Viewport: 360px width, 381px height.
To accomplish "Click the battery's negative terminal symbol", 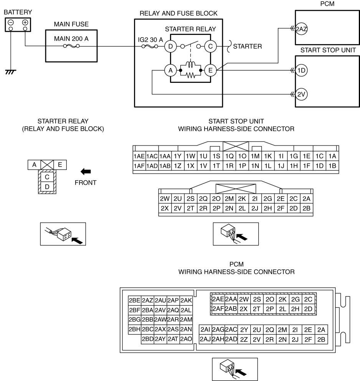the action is click(11, 23).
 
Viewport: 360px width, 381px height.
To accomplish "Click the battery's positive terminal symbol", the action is click(25, 23).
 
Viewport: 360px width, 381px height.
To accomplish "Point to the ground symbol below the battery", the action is click(10, 72).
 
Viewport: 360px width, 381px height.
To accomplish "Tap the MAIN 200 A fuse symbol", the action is click(71, 46).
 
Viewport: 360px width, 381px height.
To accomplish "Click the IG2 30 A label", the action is click(150, 40).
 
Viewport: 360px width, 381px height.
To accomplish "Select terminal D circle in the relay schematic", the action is click(171, 46).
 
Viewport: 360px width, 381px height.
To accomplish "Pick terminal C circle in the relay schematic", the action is click(210, 46).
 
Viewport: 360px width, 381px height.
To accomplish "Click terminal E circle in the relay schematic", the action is click(210, 71).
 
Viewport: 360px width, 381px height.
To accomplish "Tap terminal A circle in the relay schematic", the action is click(171, 71).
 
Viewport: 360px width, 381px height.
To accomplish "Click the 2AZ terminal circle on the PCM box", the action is click(301, 29).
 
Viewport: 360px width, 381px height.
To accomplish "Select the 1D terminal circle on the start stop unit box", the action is click(301, 71).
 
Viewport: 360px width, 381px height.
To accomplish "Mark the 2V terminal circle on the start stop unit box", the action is click(301, 94).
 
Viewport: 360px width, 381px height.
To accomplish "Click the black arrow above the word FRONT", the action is click(86, 172).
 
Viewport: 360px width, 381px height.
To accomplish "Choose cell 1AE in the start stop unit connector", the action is click(139, 156).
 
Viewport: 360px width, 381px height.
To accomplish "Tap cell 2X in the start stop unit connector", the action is click(165, 208).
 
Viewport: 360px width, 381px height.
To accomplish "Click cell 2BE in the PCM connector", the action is click(135, 300).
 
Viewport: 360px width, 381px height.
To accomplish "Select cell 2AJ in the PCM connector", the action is click(205, 339).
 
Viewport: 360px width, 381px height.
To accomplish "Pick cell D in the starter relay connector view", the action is click(47, 186).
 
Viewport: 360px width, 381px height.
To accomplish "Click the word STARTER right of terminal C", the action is click(248, 46).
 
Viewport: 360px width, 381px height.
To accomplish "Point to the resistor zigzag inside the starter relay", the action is click(191, 76).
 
